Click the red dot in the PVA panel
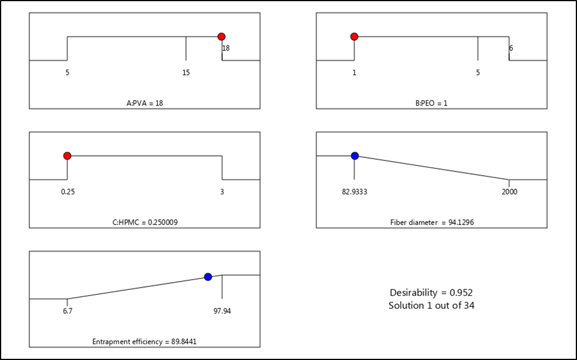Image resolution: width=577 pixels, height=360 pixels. click(222, 37)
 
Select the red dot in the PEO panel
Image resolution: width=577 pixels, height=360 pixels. click(354, 37)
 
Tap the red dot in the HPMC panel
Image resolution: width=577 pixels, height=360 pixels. click(67, 156)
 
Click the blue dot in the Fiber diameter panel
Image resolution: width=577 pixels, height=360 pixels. click(355, 156)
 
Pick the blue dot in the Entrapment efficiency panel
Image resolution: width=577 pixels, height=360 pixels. click(207, 276)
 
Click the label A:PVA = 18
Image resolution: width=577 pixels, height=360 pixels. click(144, 102)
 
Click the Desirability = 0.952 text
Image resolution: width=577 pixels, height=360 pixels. click(431, 292)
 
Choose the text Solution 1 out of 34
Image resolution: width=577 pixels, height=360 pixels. click(431, 305)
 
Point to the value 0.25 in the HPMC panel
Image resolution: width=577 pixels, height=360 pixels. click(67, 191)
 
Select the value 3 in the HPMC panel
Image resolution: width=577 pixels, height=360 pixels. click(222, 191)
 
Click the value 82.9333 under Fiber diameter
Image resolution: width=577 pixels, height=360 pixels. click(354, 191)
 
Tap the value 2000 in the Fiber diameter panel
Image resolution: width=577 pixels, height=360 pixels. click(510, 191)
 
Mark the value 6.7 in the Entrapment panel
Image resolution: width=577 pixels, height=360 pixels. click(67, 311)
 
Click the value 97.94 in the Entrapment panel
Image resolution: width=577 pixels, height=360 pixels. click(222, 311)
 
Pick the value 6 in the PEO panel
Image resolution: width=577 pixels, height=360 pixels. click(510, 48)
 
